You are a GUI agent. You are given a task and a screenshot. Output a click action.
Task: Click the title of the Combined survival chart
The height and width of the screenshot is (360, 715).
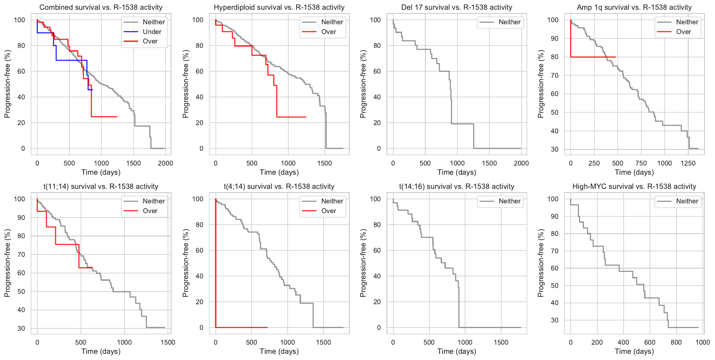coord(101,7)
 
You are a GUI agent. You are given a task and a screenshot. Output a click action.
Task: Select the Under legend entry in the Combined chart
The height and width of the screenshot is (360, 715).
coord(152,32)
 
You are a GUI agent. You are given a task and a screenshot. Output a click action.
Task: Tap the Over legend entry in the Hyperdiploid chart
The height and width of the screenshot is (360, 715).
coord(329,32)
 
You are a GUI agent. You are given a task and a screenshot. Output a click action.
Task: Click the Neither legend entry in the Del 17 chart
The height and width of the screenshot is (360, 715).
coord(509,22)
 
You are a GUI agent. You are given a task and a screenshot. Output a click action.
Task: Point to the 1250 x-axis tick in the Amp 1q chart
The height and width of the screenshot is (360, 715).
coord(688,163)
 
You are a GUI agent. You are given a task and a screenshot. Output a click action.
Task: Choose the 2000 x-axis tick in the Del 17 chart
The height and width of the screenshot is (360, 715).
coord(521,163)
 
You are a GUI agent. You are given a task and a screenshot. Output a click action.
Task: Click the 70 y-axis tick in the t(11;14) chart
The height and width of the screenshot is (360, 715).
coord(21,254)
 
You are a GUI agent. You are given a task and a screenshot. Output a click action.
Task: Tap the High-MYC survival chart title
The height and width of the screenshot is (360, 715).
coord(634,187)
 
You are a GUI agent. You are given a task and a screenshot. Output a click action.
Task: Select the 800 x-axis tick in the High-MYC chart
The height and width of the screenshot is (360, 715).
coord(676,342)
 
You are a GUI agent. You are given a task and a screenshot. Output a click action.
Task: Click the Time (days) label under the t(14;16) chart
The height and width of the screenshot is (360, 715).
coord(457,351)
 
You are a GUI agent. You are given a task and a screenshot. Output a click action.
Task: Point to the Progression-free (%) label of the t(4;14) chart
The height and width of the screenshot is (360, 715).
coord(185,263)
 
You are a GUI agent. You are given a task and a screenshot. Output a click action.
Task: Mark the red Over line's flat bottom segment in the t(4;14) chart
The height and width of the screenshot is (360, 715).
coord(242,327)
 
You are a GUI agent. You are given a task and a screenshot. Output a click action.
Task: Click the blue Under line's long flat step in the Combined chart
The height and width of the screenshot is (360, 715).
coord(71,60)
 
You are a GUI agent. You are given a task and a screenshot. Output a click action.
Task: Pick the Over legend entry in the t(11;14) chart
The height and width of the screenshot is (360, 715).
coord(150,211)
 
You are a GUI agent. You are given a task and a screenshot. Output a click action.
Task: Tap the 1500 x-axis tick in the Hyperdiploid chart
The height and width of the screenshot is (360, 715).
coord(324,163)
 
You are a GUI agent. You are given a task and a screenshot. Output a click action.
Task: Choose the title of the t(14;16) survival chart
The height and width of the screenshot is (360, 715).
coord(457,187)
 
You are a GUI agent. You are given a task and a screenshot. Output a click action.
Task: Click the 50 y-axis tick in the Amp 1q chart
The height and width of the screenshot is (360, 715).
coord(554,112)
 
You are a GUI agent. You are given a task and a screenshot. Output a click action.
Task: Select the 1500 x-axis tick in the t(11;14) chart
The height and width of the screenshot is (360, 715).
coord(168,342)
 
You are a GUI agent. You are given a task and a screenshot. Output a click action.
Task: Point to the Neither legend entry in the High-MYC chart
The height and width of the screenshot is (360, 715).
coord(687,201)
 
